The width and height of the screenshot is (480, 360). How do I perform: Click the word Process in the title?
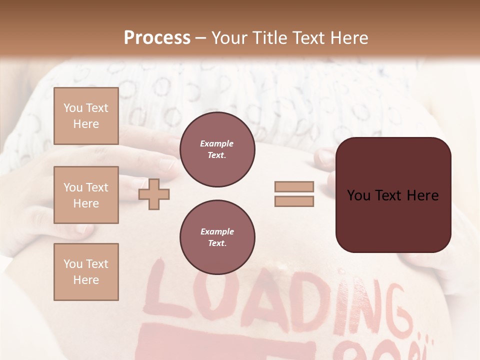(157, 37)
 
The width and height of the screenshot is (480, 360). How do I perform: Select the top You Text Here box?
(86, 116)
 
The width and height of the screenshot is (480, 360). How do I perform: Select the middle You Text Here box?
(86, 195)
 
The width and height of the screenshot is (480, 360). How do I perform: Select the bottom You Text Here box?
(86, 271)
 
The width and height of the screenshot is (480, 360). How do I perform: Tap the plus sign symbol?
(154, 194)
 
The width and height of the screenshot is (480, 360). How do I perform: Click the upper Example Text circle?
(217, 149)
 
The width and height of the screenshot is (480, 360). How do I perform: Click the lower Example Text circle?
(217, 237)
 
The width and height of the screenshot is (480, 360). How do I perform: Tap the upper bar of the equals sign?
(294, 187)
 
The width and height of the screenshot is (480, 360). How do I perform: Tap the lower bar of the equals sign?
(294, 201)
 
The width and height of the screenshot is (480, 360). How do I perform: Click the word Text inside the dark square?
(393, 195)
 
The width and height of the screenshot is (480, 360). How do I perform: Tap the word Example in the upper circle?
(217, 143)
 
